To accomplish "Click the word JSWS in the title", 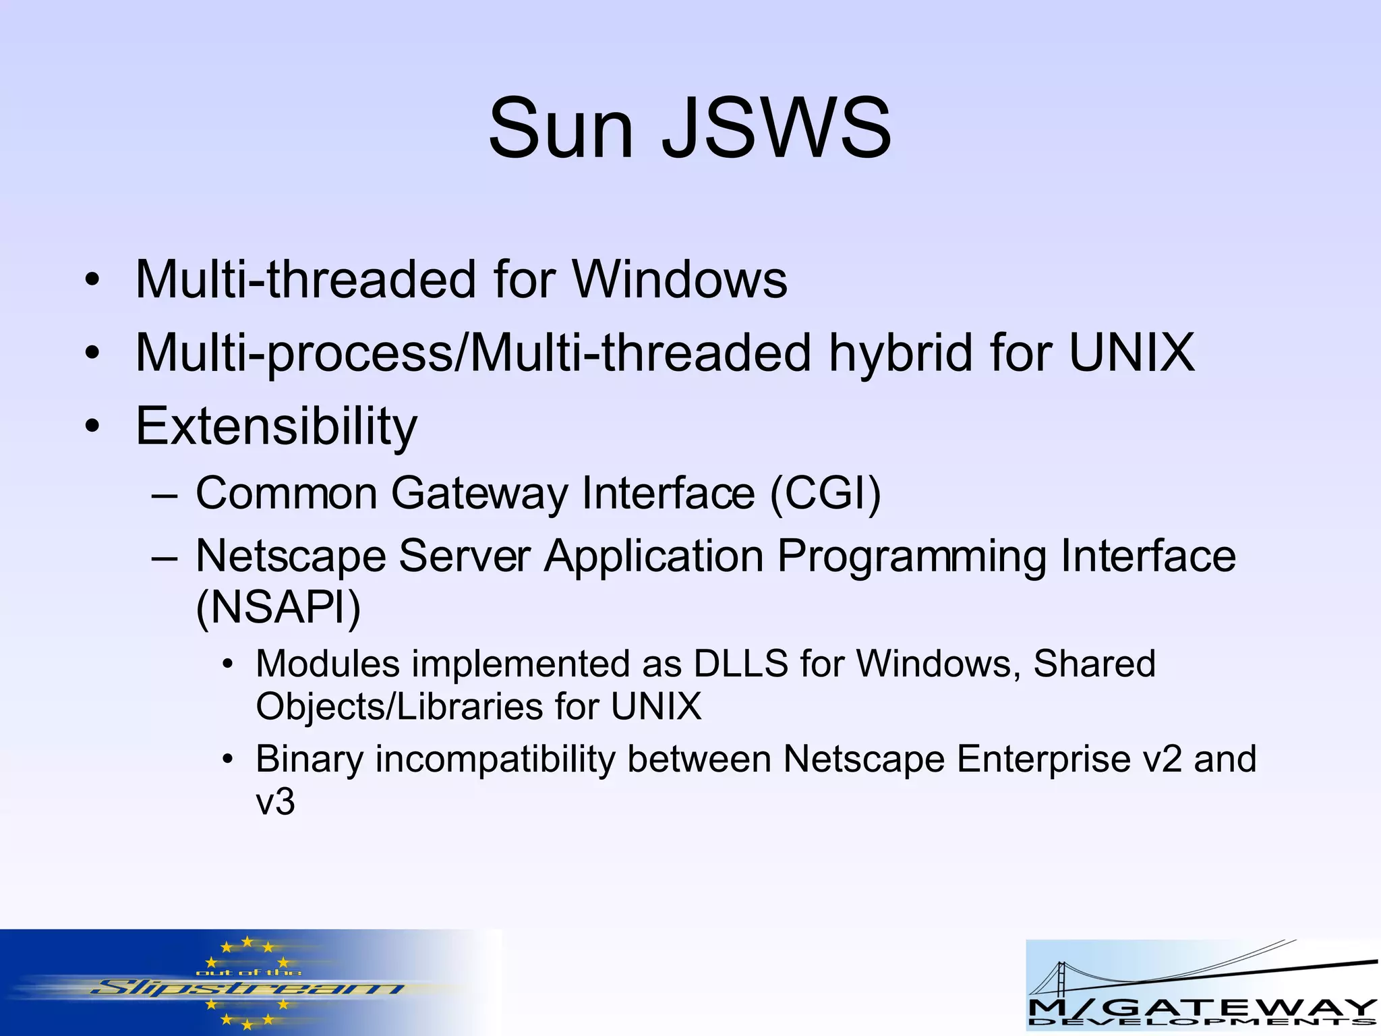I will [777, 128].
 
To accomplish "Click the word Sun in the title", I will [561, 128].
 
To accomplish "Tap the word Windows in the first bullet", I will [680, 279].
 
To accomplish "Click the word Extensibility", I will [276, 426].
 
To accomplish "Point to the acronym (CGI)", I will [825, 494].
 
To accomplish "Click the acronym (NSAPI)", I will [278, 607].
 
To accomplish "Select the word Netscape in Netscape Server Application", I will [291, 556].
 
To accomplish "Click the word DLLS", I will [740, 664].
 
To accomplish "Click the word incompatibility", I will [495, 759].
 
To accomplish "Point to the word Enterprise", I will [1044, 759].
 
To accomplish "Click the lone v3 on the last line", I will [275, 803].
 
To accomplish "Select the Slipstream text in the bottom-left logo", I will [246, 989].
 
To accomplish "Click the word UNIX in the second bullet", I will [1132, 353].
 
